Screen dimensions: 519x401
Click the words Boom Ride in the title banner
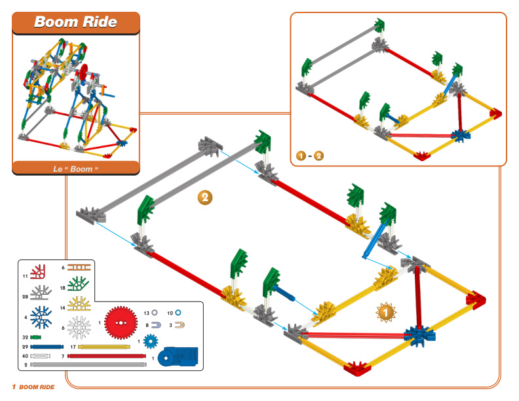coord(75,22)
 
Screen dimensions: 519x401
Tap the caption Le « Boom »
coord(76,169)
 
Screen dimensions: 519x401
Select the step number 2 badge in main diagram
coord(205,197)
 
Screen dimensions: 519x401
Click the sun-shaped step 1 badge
coord(386,312)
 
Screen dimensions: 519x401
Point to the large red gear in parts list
coord(121,322)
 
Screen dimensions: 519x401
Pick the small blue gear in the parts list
coord(151,341)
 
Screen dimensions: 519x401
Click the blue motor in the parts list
coord(178,356)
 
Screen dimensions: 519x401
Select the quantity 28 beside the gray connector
coord(25,297)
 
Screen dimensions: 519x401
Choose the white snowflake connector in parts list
coord(79,327)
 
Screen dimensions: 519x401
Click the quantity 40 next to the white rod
coord(25,356)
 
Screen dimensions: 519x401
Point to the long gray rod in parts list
coord(88,364)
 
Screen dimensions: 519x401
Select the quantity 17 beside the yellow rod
coord(73,347)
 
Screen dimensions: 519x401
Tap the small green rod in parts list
coord(36,337)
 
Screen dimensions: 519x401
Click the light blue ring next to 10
coord(178,313)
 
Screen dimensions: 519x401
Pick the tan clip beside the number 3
coord(180,325)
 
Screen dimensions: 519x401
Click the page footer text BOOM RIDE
coord(37,387)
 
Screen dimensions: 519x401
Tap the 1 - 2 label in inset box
coord(310,155)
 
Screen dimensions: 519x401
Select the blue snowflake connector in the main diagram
coord(420,335)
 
